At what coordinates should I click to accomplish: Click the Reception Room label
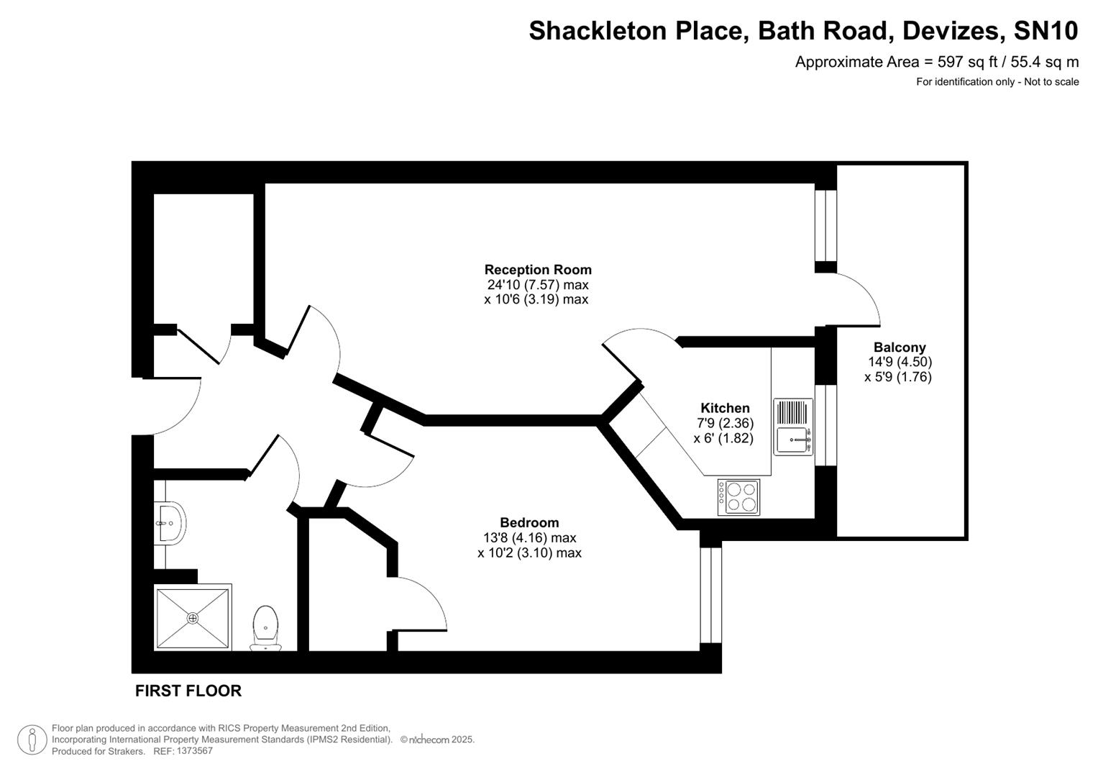[537, 270]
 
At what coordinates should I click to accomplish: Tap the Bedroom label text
[529, 523]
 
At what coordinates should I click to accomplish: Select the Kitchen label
[725, 408]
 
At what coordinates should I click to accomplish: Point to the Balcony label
[899, 347]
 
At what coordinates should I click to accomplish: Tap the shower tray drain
[193, 618]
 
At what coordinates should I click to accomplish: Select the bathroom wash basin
[171, 522]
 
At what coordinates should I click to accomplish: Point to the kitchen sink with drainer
[793, 427]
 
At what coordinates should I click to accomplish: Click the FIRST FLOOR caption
[188, 691]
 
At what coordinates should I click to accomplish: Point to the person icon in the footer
[32, 740]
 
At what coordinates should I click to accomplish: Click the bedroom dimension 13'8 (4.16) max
[529, 538]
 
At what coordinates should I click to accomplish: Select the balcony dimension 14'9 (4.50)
[900, 363]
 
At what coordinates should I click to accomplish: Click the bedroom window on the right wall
[710, 594]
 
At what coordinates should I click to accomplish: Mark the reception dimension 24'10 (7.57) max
[537, 285]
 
